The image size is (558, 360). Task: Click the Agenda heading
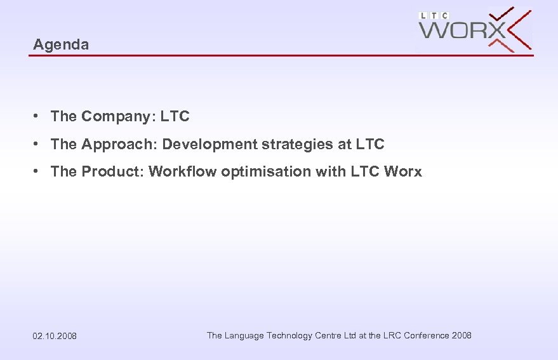pyautogui.click(x=61, y=44)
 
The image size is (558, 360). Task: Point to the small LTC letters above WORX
pyautogui.click(x=434, y=15)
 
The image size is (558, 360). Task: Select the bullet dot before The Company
pyautogui.click(x=39, y=116)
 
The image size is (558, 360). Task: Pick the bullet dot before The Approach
pyautogui.click(x=39, y=144)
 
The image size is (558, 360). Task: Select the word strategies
pyautogui.click(x=298, y=144)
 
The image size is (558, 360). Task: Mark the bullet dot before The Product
pyautogui.click(x=39, y=171)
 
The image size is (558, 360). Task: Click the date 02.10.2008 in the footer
pyautogui.click(x=55, y=336)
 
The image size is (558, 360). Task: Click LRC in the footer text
pyautogui.click(x=393, y=335)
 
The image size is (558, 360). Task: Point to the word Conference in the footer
pyautogui.click(x=427, y=335)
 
